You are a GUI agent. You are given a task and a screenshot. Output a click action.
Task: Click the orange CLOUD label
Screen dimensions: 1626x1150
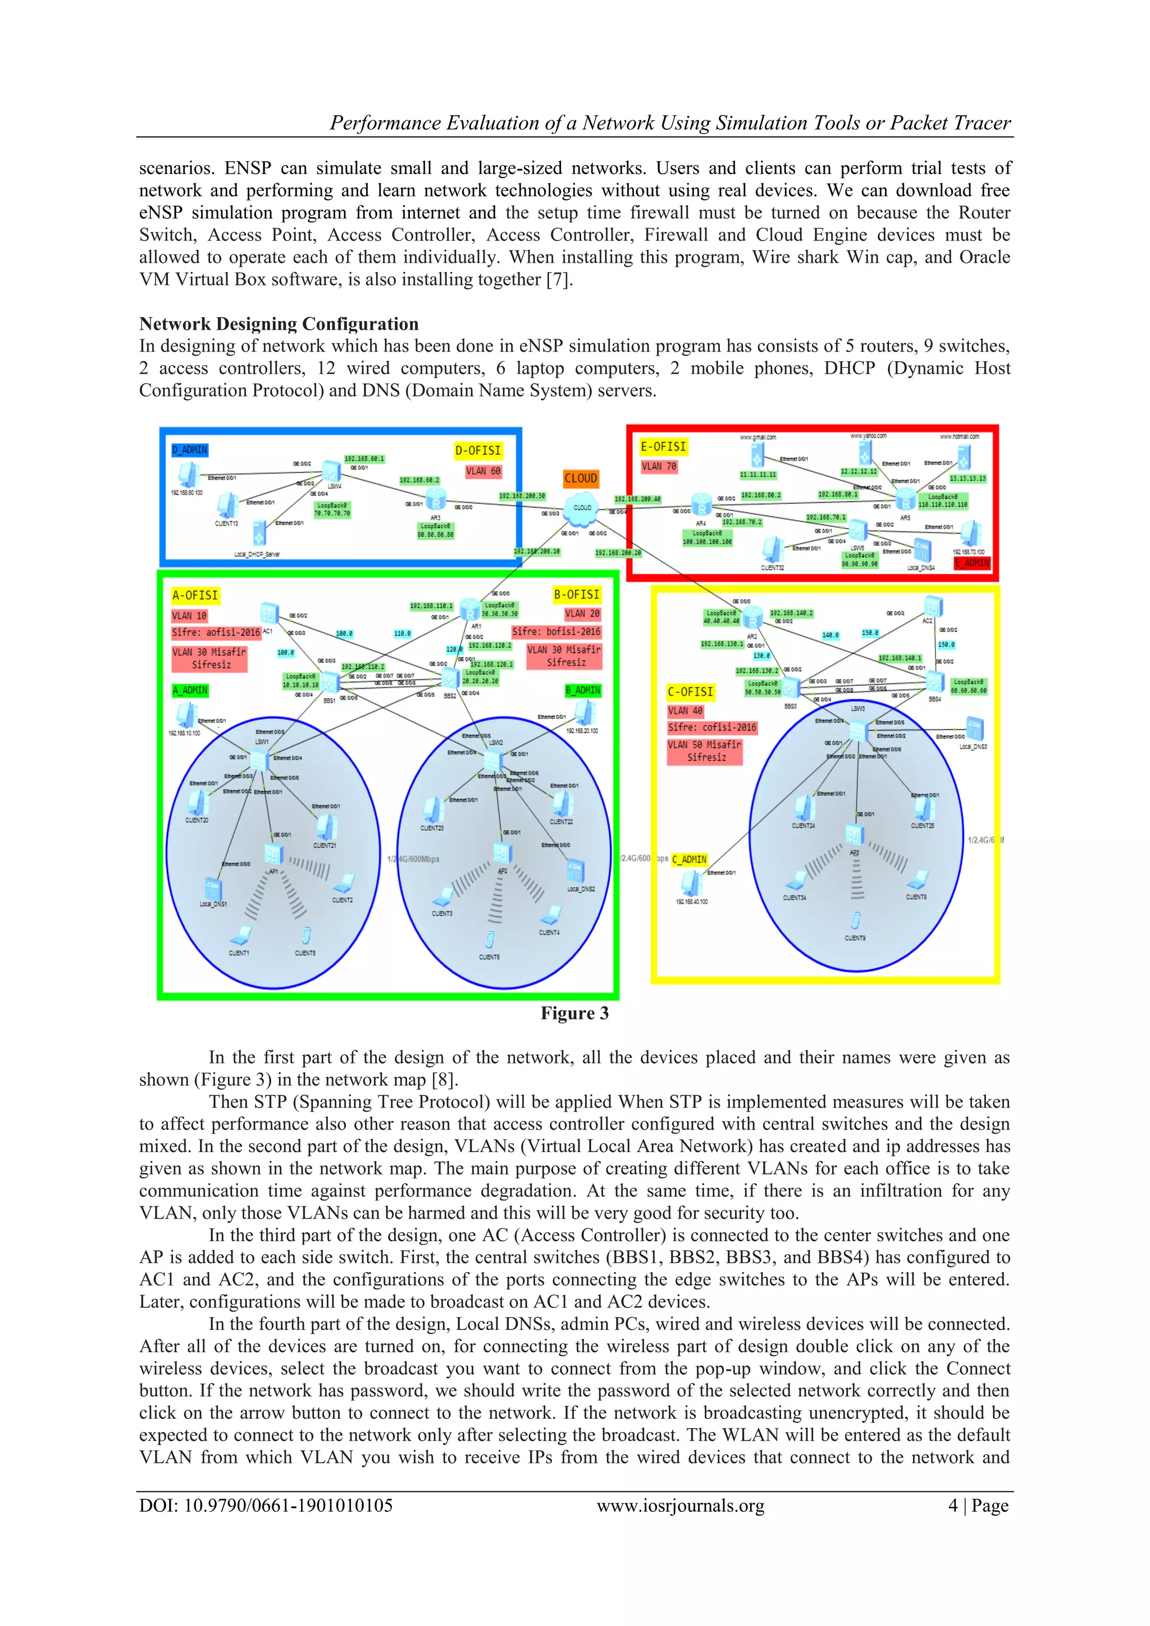(x=581, y=479)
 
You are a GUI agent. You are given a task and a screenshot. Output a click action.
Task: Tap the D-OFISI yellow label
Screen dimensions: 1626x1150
(x=478, y=450)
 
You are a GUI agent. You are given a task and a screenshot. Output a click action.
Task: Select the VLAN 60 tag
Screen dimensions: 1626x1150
(x=483, y=471)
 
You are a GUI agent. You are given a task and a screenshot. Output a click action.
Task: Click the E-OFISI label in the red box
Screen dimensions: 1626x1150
(x=664, y=447)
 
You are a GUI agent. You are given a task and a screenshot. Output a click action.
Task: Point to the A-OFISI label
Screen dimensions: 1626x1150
(x=195, y=595)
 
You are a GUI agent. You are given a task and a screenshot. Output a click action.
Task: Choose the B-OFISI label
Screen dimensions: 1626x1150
(x=577, y=595)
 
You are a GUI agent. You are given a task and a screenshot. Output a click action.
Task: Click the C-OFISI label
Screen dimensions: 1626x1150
(x=691, y=692)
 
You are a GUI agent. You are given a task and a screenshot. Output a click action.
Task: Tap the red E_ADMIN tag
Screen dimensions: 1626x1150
(x=971, y=563)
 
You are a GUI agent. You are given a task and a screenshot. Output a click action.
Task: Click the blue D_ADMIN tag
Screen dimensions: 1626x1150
(x=190, y=450)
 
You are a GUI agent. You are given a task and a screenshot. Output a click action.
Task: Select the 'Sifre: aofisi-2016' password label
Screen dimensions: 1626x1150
(x=216, y=632)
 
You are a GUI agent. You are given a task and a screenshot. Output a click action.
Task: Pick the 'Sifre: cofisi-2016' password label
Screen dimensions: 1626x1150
(x=711, y=727)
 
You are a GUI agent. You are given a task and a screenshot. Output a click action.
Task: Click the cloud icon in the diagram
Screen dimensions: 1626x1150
(x=582, y=507)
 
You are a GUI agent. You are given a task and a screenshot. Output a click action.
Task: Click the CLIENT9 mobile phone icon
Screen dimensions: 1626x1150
(x=855, y=921)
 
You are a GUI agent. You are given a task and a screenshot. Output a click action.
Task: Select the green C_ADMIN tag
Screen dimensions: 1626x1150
(x=689, y=859)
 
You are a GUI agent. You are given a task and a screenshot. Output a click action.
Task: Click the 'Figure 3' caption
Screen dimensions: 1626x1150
(x=574, y=1013)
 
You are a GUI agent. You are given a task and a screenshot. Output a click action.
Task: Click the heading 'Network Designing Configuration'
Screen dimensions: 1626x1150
(x=279, y=324)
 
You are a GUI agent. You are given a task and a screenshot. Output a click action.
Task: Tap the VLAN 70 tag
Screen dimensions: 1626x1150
(x=659, y=467)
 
